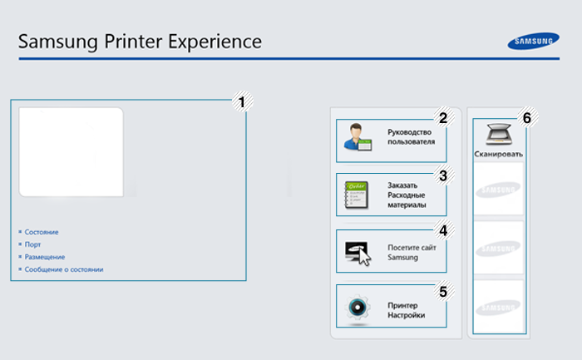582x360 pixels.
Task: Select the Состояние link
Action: click(42, 232)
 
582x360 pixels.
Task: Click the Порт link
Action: click(32, 244)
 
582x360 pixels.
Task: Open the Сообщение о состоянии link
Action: click(64, 269)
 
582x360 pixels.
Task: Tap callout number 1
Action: click(241, 102)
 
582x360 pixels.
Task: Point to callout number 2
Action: click(443, 118)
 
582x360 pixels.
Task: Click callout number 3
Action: click(443, 175)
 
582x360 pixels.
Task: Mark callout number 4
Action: click(443, 230)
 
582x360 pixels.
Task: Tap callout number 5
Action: click(443, 291)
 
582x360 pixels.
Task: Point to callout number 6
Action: click(526, 118)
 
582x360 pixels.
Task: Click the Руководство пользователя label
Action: click(411, 137)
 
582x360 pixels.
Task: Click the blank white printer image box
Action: click(71, 152)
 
